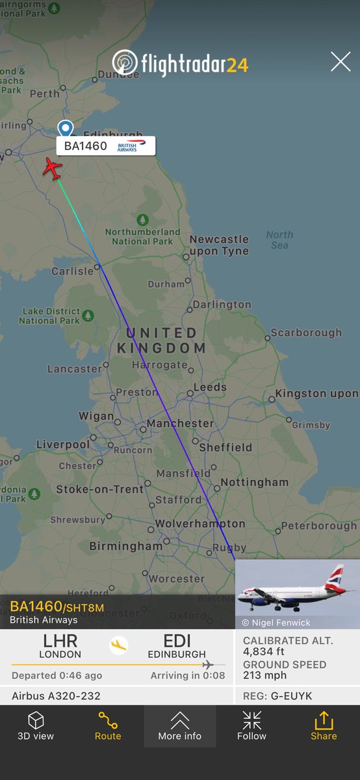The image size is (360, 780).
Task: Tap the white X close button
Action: (341, 62)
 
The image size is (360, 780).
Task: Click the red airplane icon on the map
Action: (53, 169)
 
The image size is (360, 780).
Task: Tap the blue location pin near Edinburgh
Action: (65, 129)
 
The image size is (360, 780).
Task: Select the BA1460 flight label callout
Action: (106, 146)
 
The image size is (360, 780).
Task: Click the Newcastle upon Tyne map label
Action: (219, 245)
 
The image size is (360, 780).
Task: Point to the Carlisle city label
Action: (73, 271)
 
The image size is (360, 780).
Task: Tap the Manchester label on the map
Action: (180, 423)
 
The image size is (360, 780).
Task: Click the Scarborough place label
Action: (306, 332)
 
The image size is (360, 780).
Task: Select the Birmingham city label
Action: (125, 546)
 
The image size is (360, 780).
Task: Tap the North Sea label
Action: (279, 240)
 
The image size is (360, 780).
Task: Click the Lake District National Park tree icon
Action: (88, 316)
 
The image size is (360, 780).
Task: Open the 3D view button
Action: (36, 726)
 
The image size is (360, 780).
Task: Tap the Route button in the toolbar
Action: (108, 726)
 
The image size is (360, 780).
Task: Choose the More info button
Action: (180, 726)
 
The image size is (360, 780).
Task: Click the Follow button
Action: (251, 726)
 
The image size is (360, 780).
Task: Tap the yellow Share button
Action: (324, 726)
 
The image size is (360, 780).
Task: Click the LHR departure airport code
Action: (60, 642)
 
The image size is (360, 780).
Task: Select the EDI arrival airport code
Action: (177, 642)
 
